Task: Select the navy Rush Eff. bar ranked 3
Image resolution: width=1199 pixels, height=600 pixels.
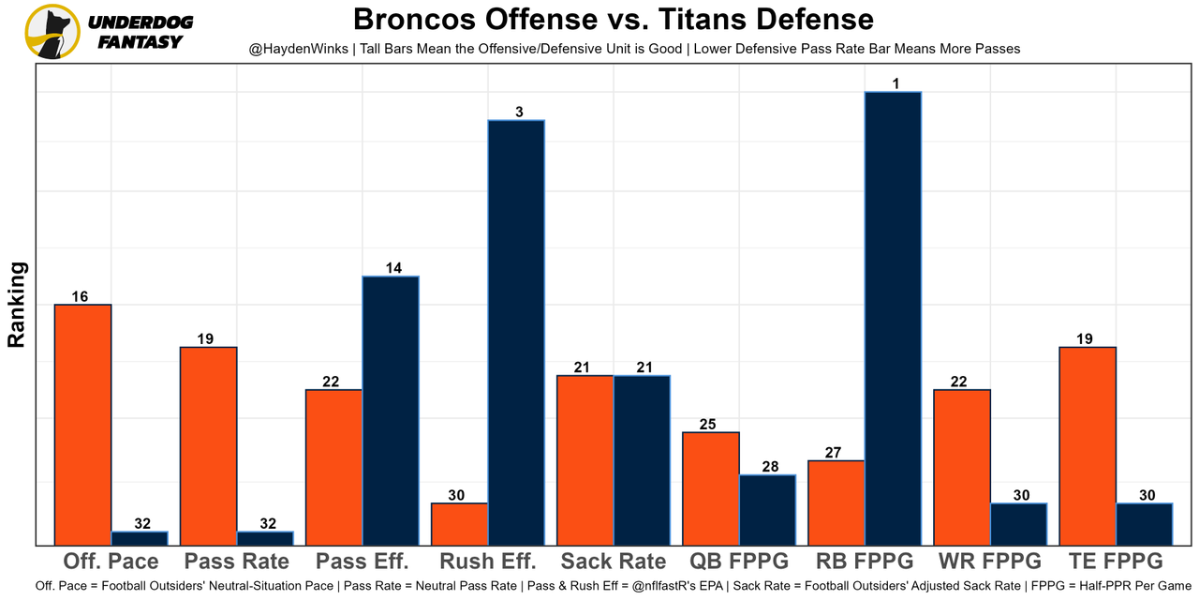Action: (516, 332)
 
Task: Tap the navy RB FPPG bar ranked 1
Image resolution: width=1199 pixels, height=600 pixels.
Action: (893, 318)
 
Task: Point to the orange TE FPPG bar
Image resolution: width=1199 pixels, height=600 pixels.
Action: (1088, 445)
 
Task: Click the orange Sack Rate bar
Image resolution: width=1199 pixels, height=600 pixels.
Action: (585, 459)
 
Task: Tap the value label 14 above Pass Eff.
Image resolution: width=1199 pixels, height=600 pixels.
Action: (393, 268)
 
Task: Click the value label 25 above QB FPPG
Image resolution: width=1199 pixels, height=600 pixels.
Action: (707, 425)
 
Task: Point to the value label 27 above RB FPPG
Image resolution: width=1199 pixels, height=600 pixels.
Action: (833, 453)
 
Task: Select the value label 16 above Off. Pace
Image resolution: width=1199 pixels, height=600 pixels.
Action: (80, 297)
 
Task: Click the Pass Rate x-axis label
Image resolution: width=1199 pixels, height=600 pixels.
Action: (237, 562)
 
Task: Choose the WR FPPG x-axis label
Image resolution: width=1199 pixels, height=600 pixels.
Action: (989, 562)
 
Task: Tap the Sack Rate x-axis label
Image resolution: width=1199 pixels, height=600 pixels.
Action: (614, 562)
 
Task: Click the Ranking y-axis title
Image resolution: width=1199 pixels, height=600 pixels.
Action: (17, 305)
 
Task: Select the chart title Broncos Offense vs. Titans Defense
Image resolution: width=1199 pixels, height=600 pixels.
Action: (613, 20)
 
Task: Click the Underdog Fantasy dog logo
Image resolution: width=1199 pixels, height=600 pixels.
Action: (52, 32)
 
